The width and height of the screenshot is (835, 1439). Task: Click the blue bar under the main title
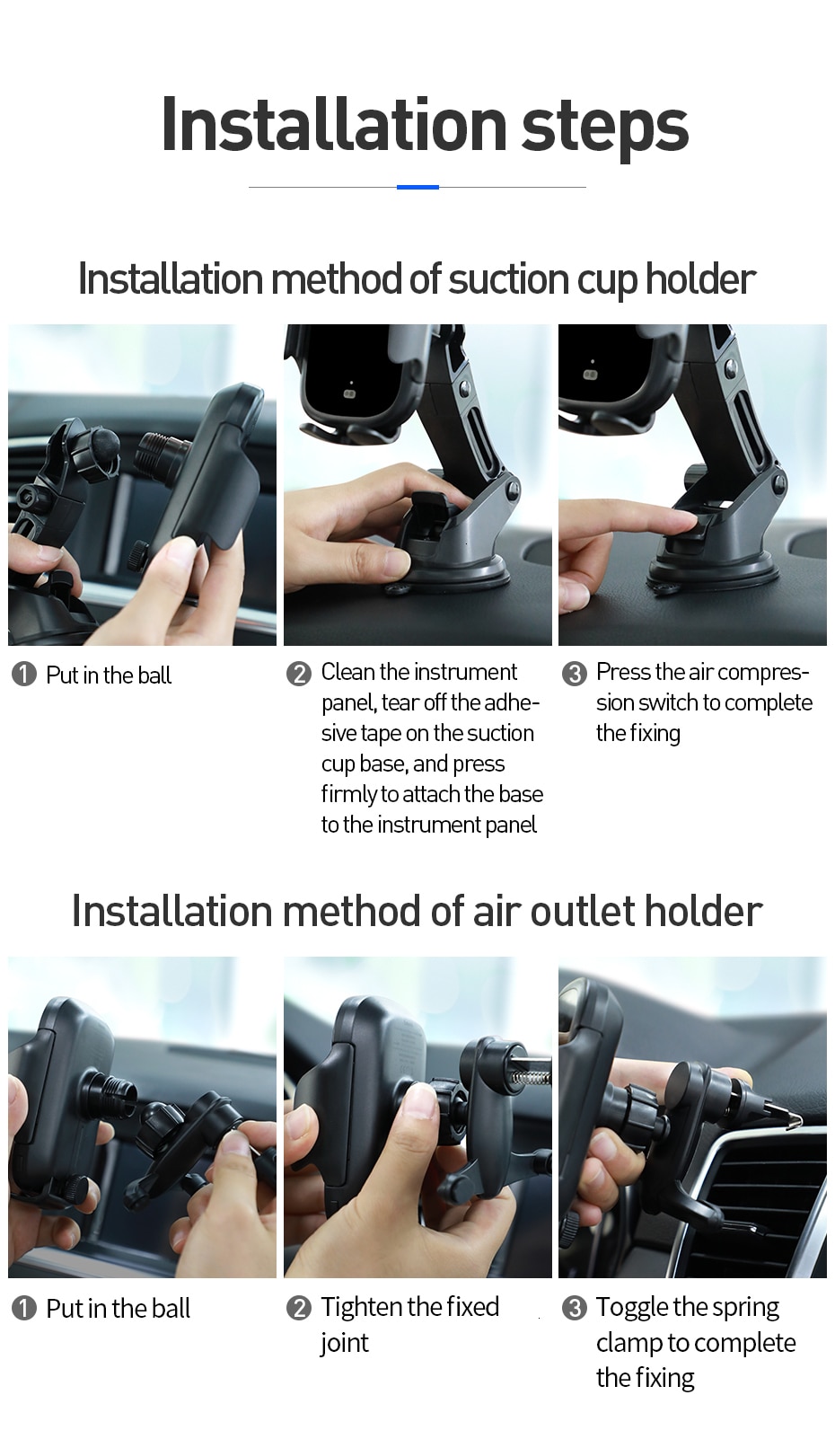click(417, 187)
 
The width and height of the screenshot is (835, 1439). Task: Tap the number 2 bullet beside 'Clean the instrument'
click(298, 674)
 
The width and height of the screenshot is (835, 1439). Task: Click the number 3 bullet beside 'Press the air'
click(574, 674)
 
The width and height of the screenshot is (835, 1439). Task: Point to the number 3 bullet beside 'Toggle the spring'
click(574, 1308)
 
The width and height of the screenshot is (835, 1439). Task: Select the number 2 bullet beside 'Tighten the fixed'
click(298, 1308)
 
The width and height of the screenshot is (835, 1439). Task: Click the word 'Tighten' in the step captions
click(359, 1307)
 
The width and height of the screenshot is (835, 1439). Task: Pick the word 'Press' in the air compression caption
click(623, 672)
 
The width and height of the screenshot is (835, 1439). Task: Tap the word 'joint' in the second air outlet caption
click(344, 1343)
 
